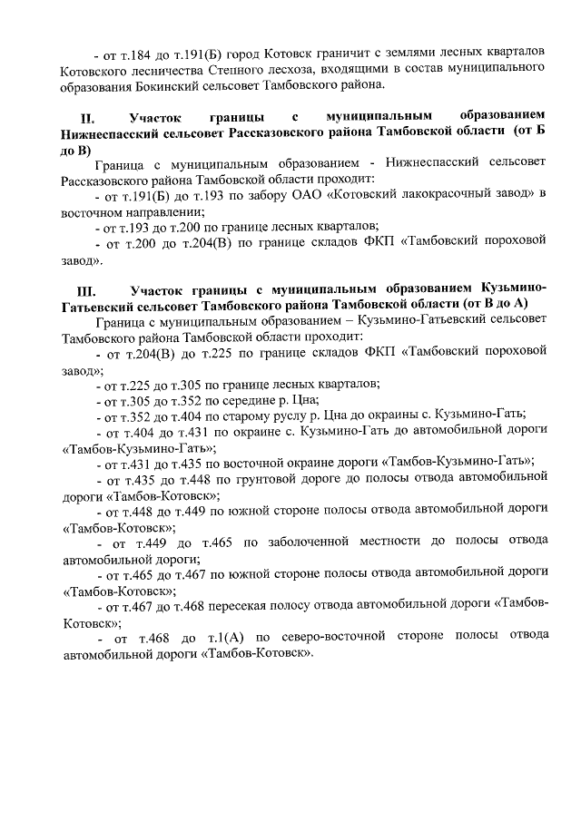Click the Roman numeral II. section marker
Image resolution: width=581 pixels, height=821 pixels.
pos(88,118)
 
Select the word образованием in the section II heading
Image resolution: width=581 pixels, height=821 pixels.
pos(503,118)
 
